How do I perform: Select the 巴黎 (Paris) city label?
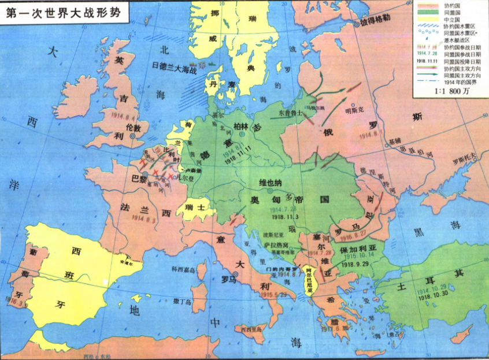[139, 179]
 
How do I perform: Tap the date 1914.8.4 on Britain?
[125, 115]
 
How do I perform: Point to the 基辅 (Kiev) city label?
[394, 141]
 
